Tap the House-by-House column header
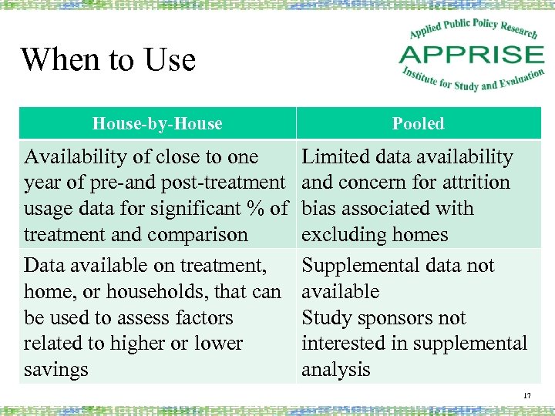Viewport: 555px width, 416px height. click(157, 123)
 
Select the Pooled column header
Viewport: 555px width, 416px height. click(418, 123)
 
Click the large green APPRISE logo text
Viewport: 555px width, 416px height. click(472, 55)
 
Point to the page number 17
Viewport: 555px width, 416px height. click(527, 396)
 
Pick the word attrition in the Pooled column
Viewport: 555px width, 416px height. click(473, 183)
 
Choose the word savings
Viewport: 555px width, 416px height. click(56, 370)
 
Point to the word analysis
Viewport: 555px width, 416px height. click(336, 370)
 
